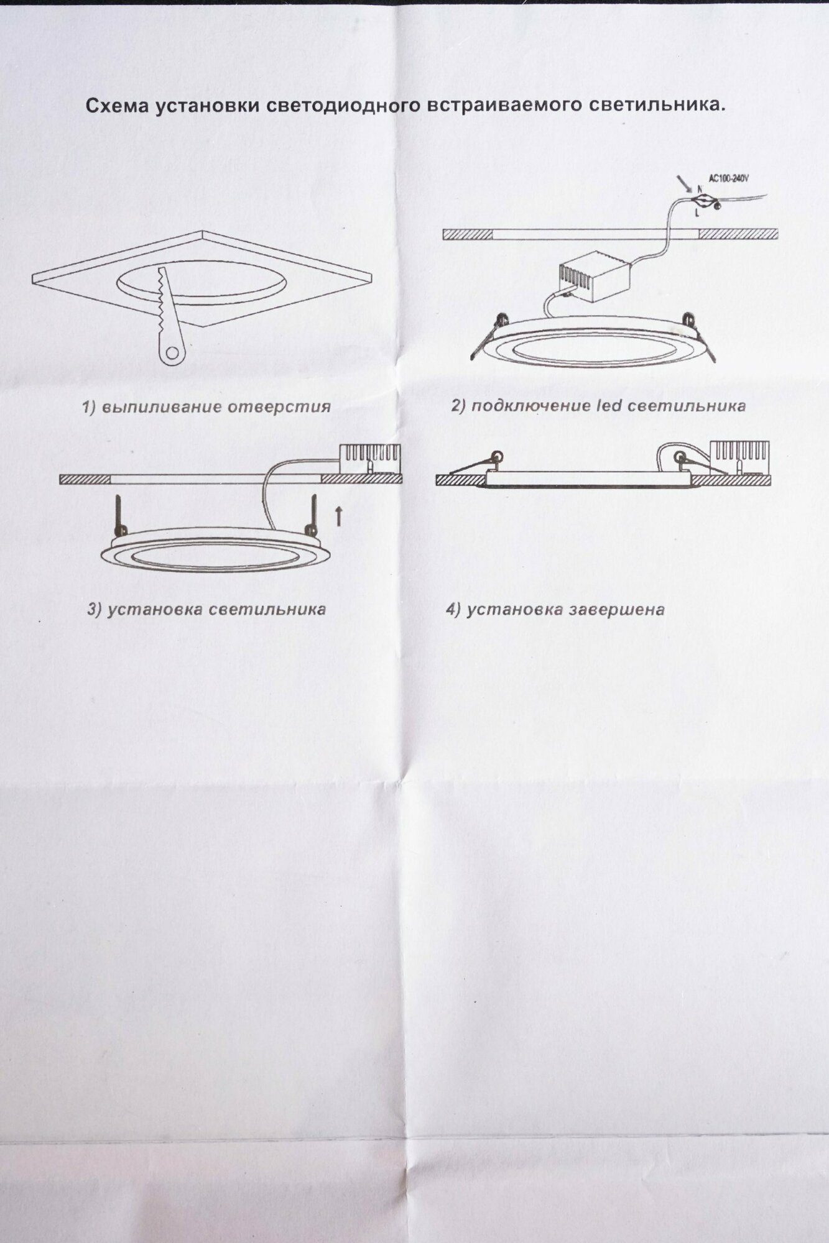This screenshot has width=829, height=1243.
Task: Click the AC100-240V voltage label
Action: point(728,179)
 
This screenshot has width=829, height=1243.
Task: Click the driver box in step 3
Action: point(369,460)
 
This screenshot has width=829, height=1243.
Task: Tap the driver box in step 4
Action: point(739,457)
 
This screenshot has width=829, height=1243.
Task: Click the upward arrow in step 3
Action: point(338,515)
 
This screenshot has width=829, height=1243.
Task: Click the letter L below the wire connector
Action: point(697,213)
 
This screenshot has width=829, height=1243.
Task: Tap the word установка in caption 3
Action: point(155,609)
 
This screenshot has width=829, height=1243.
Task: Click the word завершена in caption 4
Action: point(616,610)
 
